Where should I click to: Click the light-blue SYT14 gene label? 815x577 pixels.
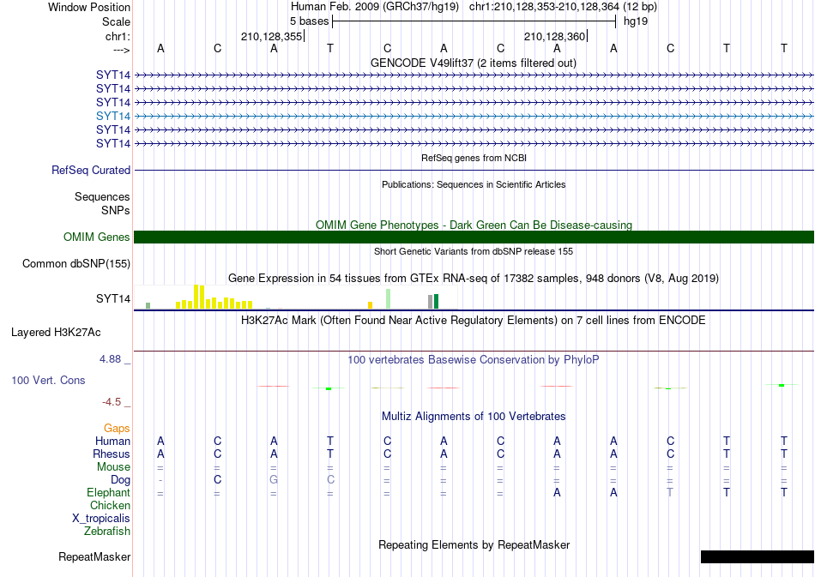pyautogui.click(x=112, y=116)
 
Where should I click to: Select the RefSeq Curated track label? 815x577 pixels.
pyautogui.click(x=91, y=171)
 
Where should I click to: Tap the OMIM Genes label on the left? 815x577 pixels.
pyautogui.click(x=96, y=237)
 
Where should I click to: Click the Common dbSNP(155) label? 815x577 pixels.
pyautogui.click(x=76, y=264)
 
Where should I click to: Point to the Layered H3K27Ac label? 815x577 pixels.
pyautogui.click(x=56, y=333)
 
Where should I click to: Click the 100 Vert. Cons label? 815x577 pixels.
pyautogui.click(x=48, y=380)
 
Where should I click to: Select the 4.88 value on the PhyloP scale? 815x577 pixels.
pyautogui.click(x=110, y=359)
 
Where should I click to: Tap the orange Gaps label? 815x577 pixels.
pyautogui.click(x=117, y=429)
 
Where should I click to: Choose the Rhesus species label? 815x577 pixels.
pyautogui.click(x=112, y=454)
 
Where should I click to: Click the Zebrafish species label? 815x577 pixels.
pyautogui.click(x=107, y=532)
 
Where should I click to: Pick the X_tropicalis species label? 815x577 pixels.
pyautogui.click(x=101, y=519)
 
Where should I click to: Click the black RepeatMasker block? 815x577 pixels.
pyautogui.click(x=758, y=556)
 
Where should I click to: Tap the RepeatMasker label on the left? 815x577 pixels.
pyautogui.click(x=94, y=557)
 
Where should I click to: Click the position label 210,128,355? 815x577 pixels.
pyautogui.click(x=271, y=36)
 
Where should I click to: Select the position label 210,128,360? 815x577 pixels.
pyautogui.click(x=554, y=36)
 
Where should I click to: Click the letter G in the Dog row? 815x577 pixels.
pyautogui.click(x=274, y=480)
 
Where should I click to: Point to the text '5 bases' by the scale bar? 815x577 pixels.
pyautogui.click(x=309, y=21)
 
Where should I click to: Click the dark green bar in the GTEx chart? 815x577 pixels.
pyautogui.click(x=437, y=301)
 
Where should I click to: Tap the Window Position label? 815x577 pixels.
pyautogui.click(x=89, y=7)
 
